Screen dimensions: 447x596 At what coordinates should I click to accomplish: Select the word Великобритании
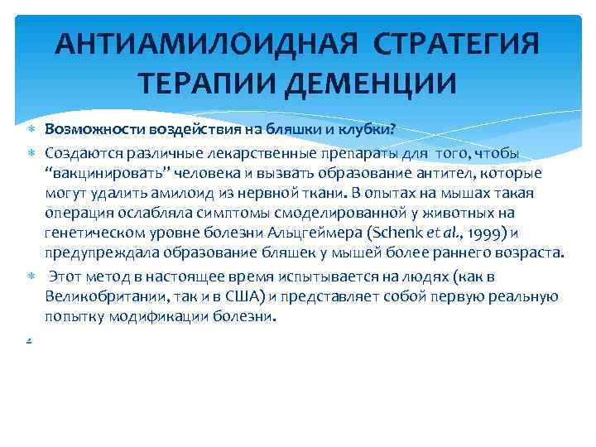point(101,296)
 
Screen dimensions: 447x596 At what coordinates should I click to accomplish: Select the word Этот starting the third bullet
point(67,276)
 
